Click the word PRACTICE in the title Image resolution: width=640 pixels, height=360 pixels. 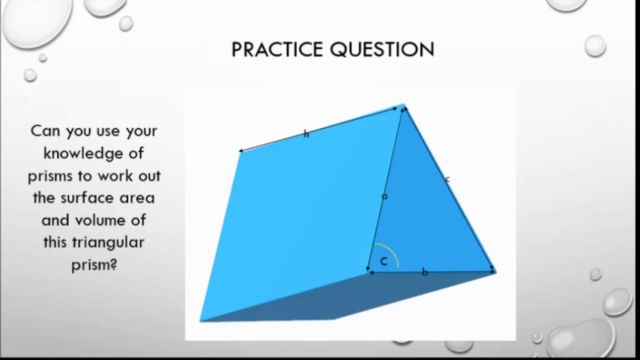click(277, 49)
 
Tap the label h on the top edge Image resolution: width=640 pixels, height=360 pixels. click(306, 134)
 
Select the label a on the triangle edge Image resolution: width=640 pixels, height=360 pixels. click(384, 196)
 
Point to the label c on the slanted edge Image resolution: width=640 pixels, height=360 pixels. click(447, 179)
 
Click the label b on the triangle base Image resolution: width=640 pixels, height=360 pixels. click(425, 272)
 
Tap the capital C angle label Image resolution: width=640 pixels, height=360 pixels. click(384, 261)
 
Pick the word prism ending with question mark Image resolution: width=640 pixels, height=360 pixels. click(94, 264)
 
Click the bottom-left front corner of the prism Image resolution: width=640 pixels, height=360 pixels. click(200, 320)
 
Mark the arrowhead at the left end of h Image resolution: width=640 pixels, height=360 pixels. click(240, 150)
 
